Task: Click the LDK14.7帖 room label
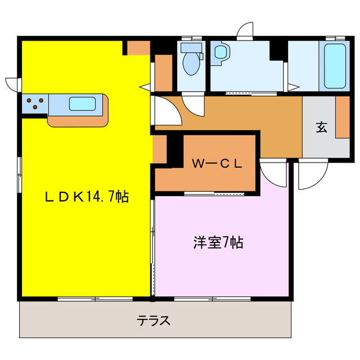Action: tap(87, 197)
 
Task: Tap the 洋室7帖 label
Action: tap(218, 243)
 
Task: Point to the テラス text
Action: tap(154, 321)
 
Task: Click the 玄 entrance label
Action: tap(321, 128)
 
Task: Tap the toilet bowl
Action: tap(191, 65)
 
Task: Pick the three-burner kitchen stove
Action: tap(35, 103)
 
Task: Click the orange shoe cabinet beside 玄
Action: tap(342, 117)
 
